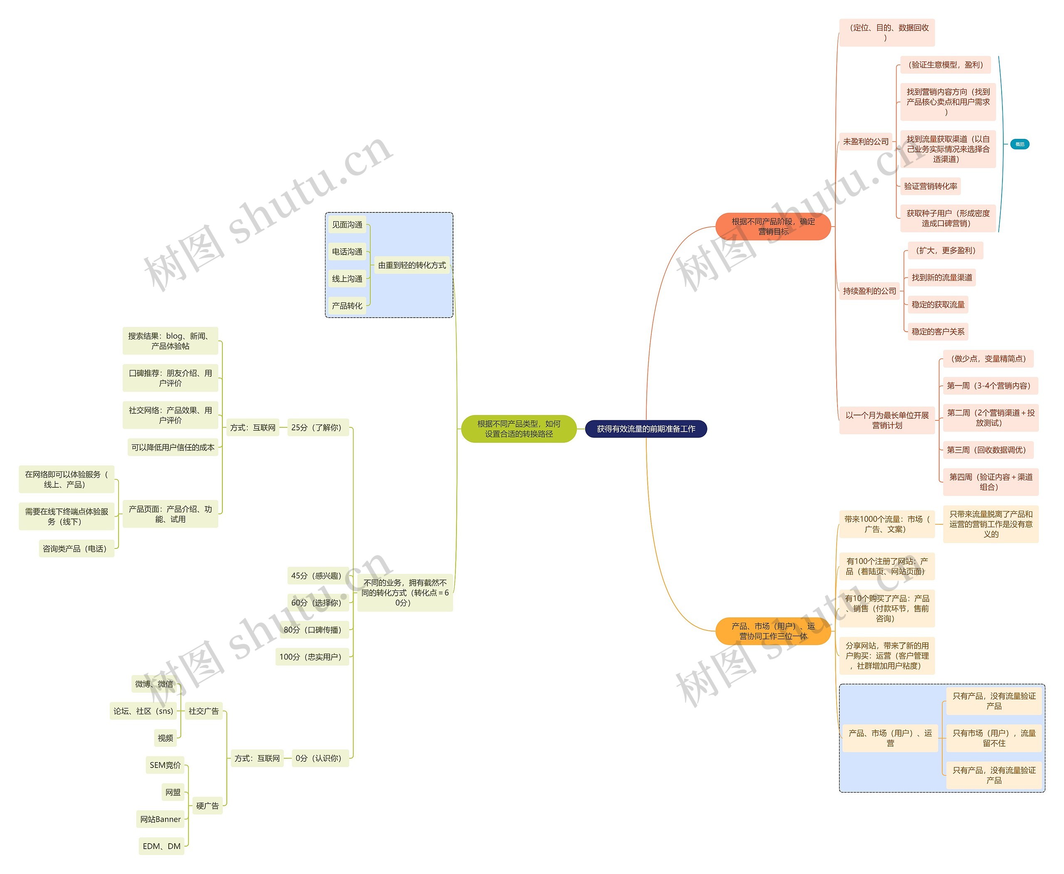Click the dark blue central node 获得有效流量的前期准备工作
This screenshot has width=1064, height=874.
[x=646, y=429]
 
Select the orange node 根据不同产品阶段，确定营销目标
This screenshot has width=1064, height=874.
[x=773, y=227]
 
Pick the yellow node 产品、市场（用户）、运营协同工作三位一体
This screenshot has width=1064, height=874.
[x=773, y=631]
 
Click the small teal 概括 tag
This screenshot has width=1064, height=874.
[x=1020, y=145]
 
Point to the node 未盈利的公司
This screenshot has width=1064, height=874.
[x=866, y=142]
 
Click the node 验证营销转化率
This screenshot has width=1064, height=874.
[x=930, y=186]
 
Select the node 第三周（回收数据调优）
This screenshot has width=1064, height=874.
[x=988, y=450]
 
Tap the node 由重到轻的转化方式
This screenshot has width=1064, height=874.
[x=412, y=265]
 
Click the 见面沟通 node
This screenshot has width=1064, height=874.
[x=347, y=225]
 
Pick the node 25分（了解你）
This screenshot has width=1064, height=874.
[x=318, y=427]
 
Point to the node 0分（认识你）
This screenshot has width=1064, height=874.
[x=320, y=758]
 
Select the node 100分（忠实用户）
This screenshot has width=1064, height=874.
[x=312, y=657]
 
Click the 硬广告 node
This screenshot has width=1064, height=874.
[x=207, y=806]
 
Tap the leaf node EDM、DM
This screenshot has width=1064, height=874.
[x=162, y=846]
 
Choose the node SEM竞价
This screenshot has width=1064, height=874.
[x=165, y=765]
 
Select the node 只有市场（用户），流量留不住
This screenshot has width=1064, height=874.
[x=994, y=738]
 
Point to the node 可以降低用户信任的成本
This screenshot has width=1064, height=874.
[x=172, y=447]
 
